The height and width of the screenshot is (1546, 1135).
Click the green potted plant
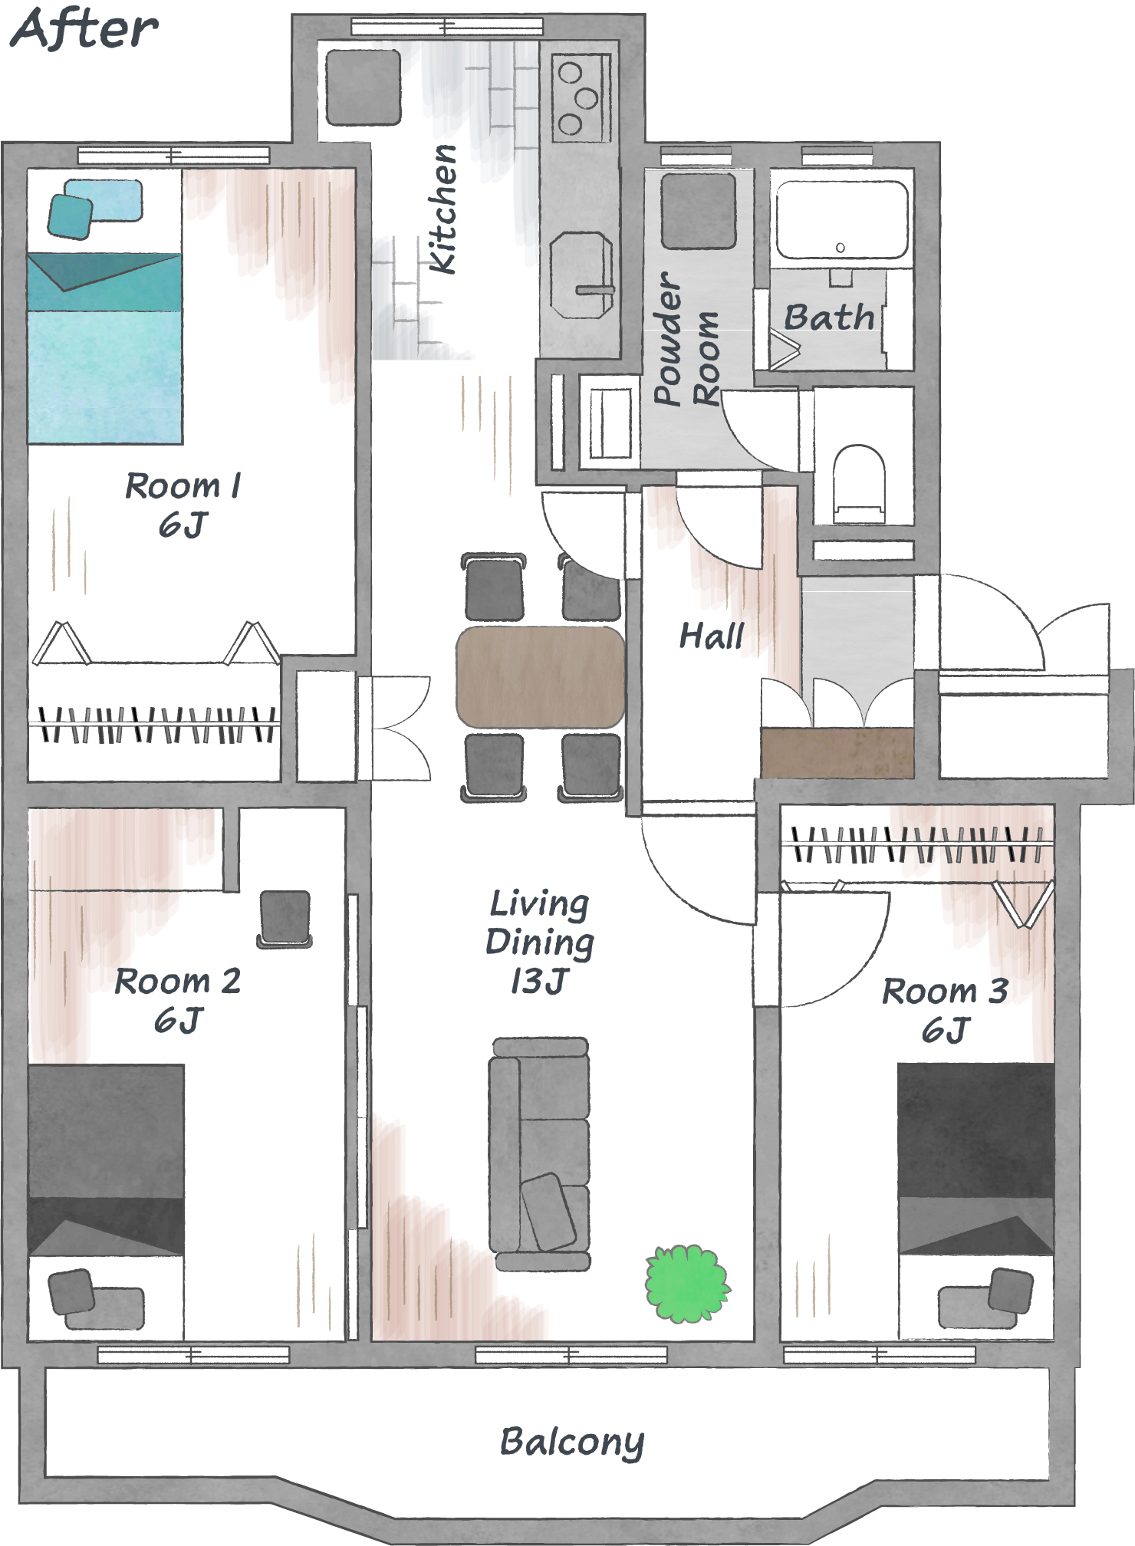[x=687, y=1283]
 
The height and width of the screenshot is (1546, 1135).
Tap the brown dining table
[x=540, y=677]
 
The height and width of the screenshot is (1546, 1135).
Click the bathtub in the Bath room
[x=841, y=219]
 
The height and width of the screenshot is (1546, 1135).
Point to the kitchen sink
[x=581, y=275]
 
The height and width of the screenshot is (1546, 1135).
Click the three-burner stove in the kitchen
[x=581, y=97]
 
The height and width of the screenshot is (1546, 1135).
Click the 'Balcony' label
[x=572, y=1442]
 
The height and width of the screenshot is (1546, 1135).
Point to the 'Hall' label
[x=712, y=636]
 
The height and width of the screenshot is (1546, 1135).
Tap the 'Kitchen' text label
[x=443, y=209]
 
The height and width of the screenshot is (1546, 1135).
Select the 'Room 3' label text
[x=946, y=991]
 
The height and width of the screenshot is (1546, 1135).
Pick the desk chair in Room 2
[x=285, y=919]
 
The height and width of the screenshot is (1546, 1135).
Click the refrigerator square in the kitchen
[x=364, y=87]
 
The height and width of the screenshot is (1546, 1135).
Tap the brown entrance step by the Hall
[x=837, y=753]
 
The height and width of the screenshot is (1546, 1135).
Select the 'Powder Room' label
[x=686, y=338]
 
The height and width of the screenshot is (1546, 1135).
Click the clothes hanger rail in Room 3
[x=916, y=844]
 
